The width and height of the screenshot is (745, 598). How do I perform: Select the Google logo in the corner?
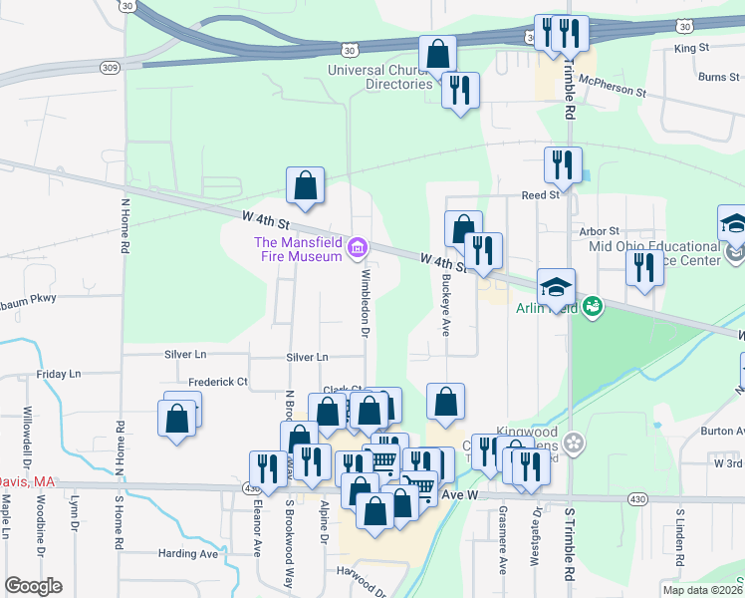(33, 586)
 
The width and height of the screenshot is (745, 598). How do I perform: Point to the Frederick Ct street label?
(217, 382)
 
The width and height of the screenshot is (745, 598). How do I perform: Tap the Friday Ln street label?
(59, 374)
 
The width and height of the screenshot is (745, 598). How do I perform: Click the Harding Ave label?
(188, 553)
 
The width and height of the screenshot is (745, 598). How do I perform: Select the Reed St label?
(541, 195)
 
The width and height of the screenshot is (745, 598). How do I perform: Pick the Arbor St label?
(600, 231)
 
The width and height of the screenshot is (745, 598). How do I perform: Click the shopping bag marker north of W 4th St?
(305, 184)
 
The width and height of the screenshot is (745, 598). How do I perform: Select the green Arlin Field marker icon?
(592, 305)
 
